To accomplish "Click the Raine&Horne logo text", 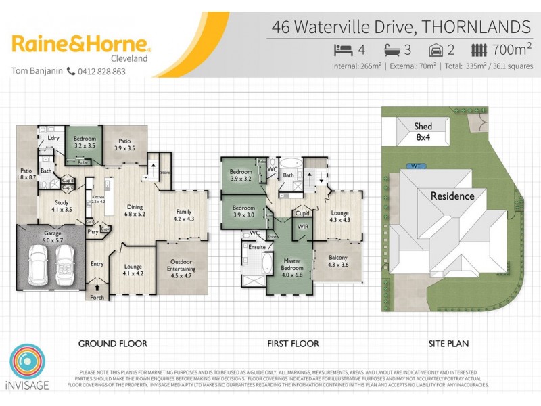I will [x=81, y=45].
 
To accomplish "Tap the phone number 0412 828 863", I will [x=101, y=72].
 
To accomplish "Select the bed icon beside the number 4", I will [x=344, y=50].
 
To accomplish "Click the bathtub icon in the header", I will [x=393, y=50].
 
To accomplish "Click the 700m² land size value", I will [x=511, y=50].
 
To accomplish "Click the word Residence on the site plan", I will [x=453, y=196].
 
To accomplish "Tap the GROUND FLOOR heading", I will [x=112, y=344].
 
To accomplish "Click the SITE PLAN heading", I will [x=448, y=344].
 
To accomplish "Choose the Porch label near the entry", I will [x=97, y=297].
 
